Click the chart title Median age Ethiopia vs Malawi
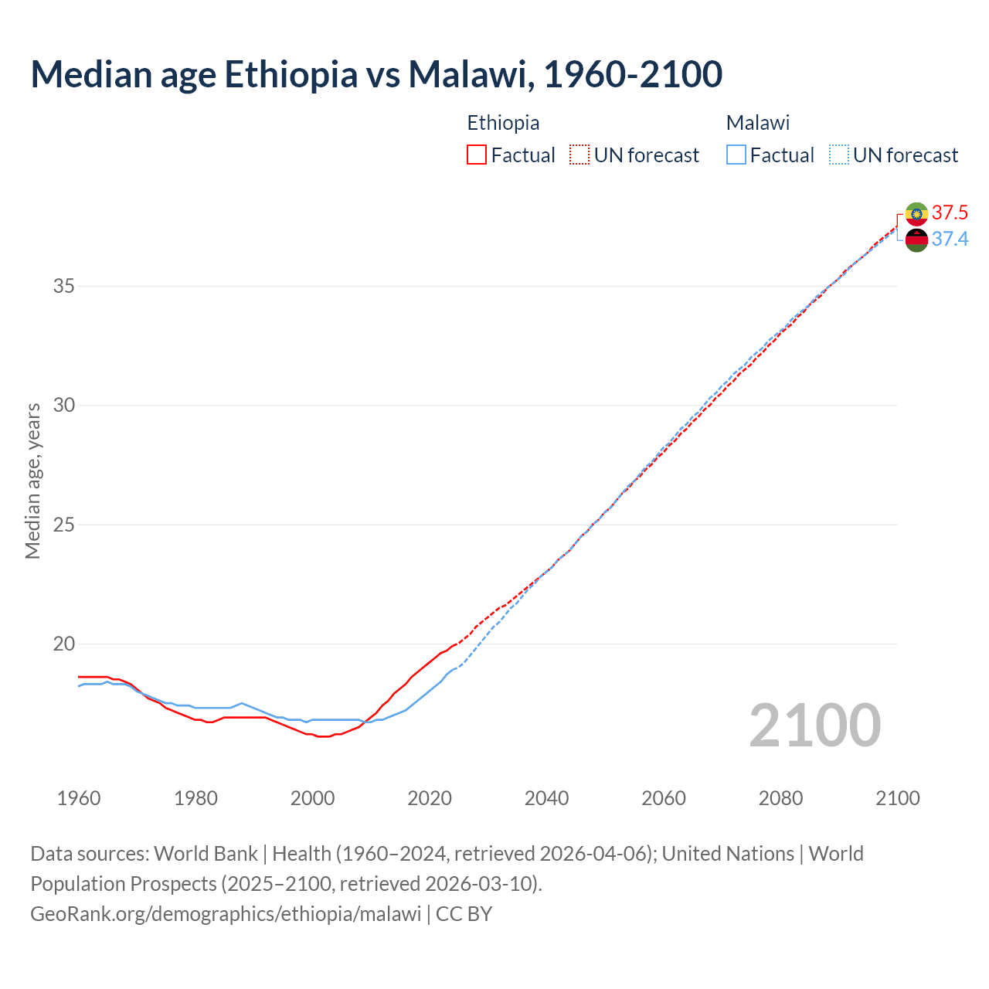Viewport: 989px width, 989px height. click(x=376, y=74)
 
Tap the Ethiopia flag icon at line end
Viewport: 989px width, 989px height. click(x=916, y=214)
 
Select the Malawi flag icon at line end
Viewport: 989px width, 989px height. click(x=916, y=240)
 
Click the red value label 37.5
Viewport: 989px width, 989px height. click(x=950, y=213)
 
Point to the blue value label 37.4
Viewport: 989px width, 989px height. click(x=950, y=240)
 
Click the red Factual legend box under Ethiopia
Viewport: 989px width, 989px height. click(x=477, y=155)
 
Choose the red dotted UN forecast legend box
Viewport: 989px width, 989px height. click(x=579, y=155)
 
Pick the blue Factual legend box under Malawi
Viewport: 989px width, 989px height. click(x=736, y=155)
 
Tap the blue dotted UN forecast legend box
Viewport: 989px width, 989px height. click(x=838, y=155)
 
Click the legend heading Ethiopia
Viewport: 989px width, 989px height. click(x=503, y=123)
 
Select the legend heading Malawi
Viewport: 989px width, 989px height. click(x=758, y=123)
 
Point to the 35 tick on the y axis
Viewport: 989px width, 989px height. click(x=63, y=287)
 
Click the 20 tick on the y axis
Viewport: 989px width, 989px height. click(x=63, y=644)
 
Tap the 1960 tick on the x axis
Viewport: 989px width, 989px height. click(x=79, y=798)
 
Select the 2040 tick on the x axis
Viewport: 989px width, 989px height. click(x=546, y=798)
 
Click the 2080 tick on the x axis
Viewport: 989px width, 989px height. click(x=780, y=798)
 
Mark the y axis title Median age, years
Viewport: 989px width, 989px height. click(x=32, y=481)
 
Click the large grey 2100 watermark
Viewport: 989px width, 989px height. click(x=814, y=726)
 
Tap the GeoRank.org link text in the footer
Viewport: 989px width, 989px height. click(x=226, y=914)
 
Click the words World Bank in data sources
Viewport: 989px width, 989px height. click(x=206, y=854)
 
